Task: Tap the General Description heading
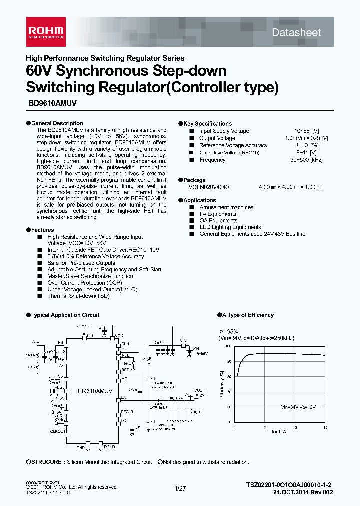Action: coord(57,123)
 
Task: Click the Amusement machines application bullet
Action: coord(226,207)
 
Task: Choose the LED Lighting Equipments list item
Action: coord(230,227)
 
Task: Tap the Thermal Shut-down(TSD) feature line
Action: coord(78,296)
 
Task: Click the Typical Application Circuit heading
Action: coord(65,315)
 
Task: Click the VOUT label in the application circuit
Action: coord(199,390)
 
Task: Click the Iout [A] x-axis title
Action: coord(280,431)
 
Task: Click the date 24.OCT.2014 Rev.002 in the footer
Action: coord(303,492)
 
